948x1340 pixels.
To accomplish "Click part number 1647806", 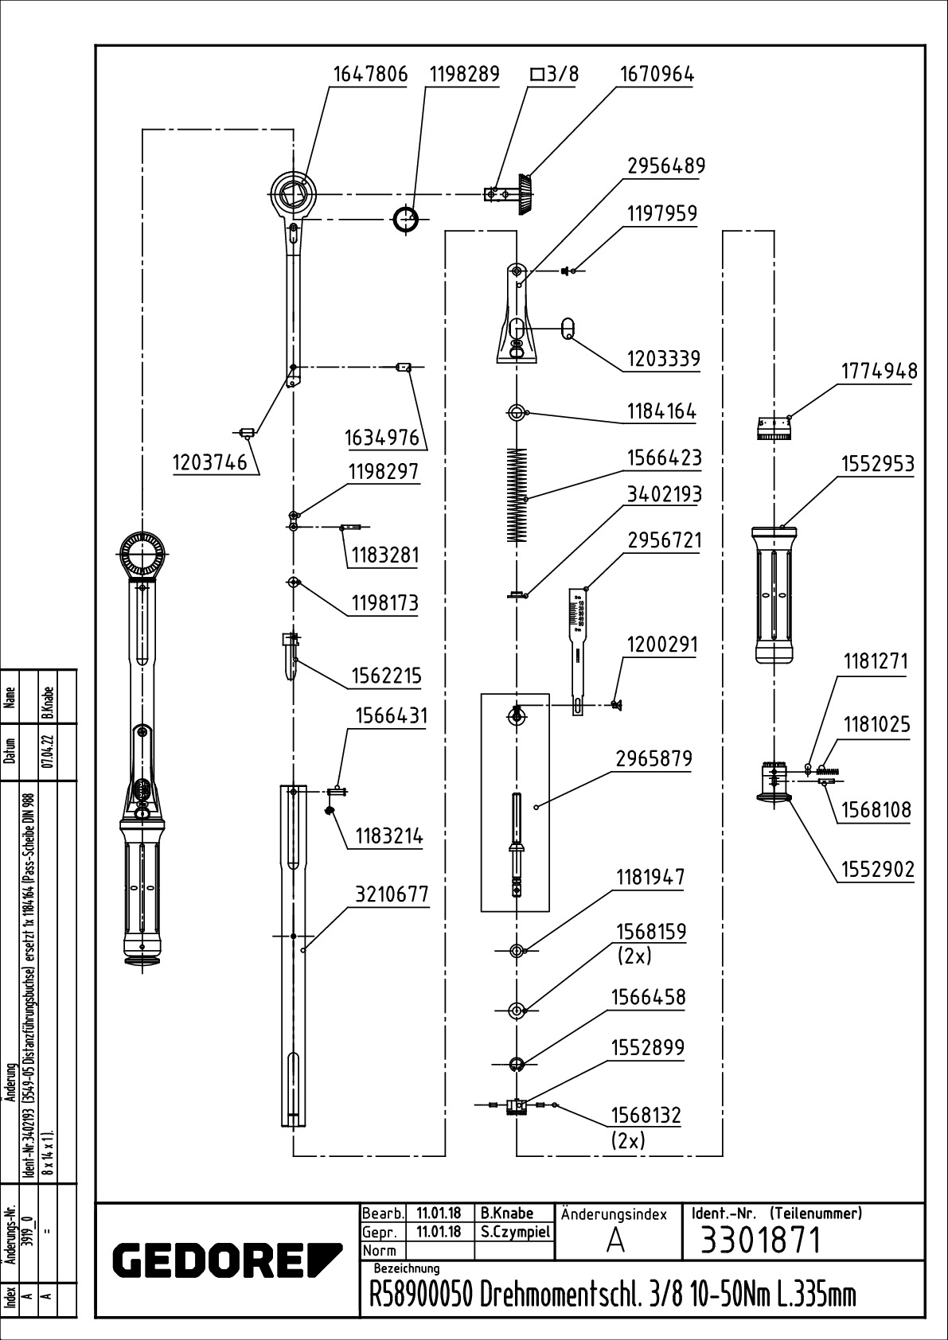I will [369, 74].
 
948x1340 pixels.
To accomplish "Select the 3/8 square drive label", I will [555, 74].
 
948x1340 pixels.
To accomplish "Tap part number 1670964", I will [657, 74].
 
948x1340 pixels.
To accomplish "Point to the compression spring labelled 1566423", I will [517, 495].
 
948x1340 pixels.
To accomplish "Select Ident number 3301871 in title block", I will [759, 1240].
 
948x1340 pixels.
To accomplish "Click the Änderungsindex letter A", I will [614, 1241].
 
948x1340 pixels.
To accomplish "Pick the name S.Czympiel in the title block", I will [515, 1231].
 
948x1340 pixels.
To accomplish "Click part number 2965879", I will [653, 758].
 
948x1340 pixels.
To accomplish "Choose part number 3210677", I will [392, 894].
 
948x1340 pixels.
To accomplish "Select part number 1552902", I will [877, 870].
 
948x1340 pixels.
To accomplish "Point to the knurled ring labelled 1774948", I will [772, 429].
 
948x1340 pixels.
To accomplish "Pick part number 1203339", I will [663, 359].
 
